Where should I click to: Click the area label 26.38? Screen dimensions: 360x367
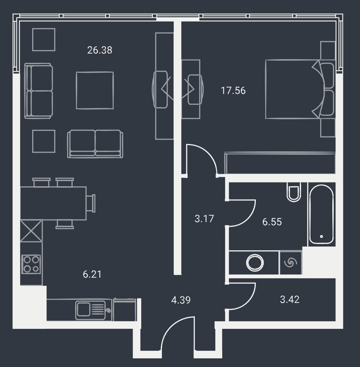[100, 50]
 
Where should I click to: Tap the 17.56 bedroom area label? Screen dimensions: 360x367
[233, 91]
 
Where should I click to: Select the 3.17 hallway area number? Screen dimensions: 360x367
[204, 219]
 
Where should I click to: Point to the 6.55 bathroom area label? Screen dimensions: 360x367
[272, 222]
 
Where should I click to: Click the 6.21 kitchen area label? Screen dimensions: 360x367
[92, 274]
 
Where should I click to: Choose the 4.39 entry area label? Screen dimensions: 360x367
[181, 300]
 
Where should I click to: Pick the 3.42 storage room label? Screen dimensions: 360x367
[290, 299]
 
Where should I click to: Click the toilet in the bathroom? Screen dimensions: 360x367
[294, 192]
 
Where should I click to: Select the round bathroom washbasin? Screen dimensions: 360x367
[255, 262]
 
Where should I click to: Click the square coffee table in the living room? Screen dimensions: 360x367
[95, 90]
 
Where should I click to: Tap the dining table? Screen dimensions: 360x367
[53, 203]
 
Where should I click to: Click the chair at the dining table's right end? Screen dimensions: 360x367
[91, 203]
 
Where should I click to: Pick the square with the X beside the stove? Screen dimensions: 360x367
[31, 231]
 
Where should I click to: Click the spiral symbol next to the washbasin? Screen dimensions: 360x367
[290, 262]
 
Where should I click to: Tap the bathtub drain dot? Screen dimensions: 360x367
[321, 236]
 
